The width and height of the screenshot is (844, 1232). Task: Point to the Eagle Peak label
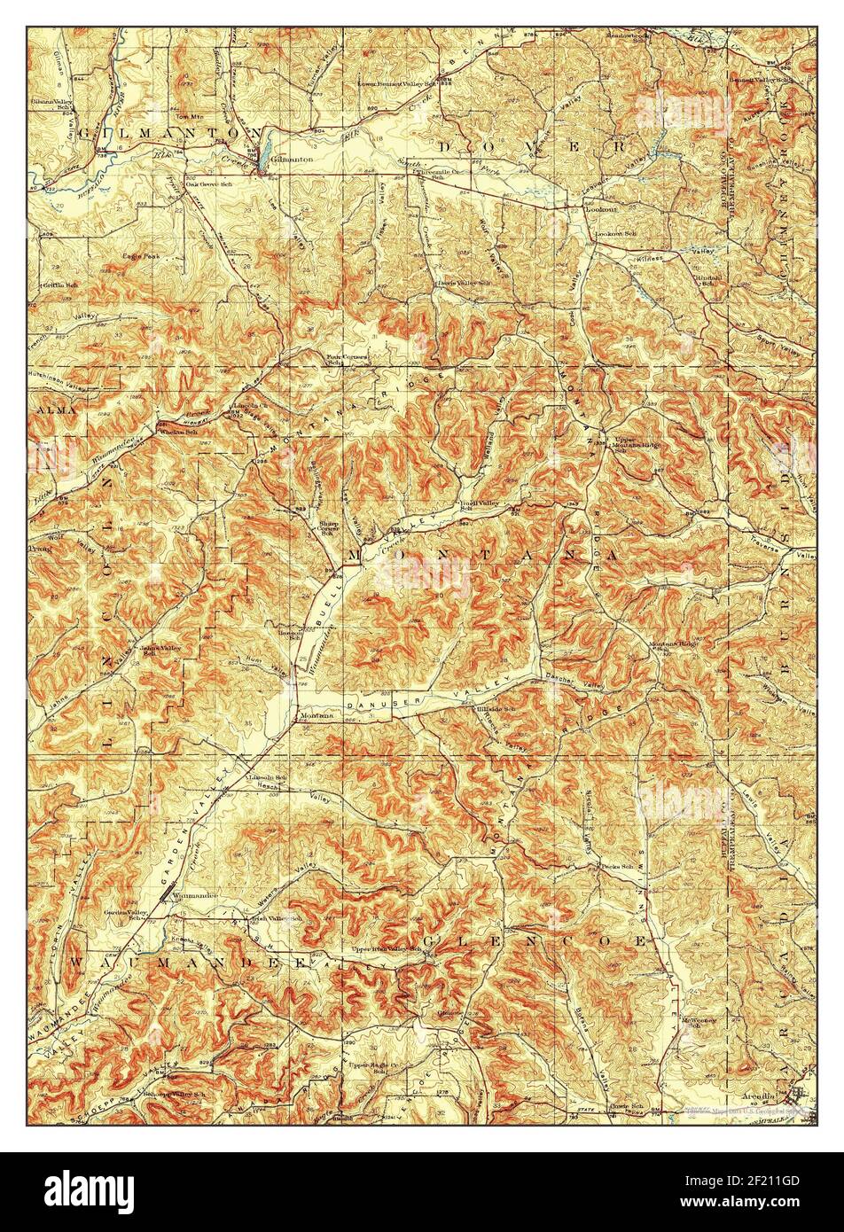(x=141, y=256)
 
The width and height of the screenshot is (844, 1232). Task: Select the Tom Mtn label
(x=185, y=116)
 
